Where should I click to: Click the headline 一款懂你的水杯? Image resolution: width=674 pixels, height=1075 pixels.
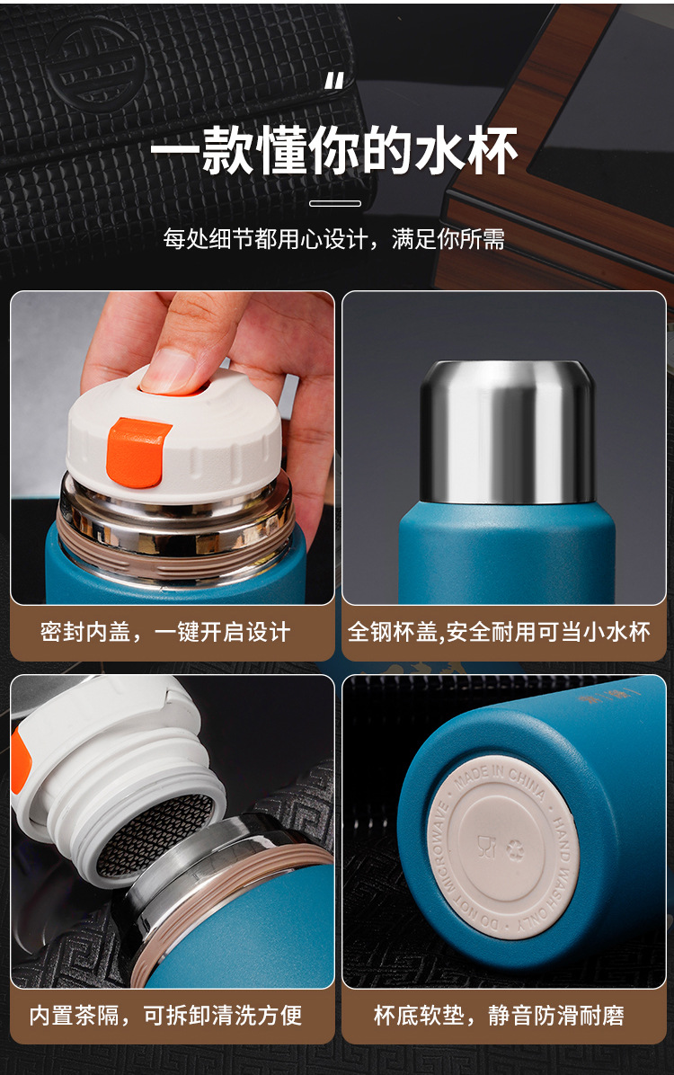(334, 149)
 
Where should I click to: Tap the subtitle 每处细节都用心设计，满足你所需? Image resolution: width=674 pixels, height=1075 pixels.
(334, 238)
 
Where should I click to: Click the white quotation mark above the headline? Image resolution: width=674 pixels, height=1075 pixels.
(334, 83)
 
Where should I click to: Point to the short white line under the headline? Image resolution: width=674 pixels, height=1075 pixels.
(334, 203)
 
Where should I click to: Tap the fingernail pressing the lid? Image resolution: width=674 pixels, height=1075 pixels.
(172, 370)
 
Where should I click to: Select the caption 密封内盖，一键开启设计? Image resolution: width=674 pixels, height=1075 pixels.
(165, 631)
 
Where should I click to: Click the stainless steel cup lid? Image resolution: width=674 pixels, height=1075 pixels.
(507, 432)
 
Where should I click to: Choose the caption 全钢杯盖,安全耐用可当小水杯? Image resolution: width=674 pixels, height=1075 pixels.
(499, 631)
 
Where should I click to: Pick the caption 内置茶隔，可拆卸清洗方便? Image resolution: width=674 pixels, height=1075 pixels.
(165, 1016)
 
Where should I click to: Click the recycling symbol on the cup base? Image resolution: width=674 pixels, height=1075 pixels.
(515, 850)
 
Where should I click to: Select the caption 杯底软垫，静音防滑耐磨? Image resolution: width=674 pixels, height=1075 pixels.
(499, 1016)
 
